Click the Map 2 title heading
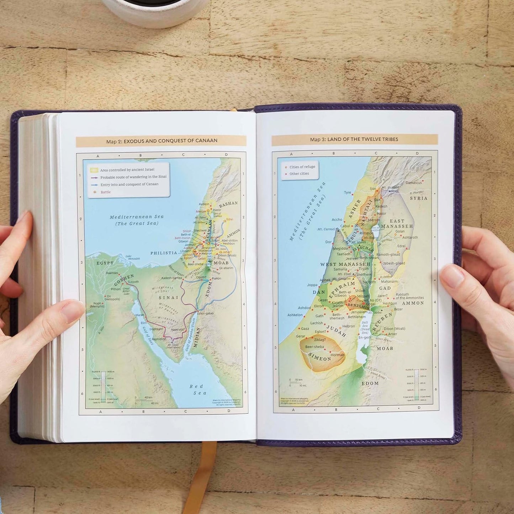point(161,141)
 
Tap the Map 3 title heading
point(354,139)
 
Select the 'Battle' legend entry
point(105,192)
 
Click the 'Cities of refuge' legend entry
point(302,167)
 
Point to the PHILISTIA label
point(164,253)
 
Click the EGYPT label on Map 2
point(105,263)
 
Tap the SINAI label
point(168,297)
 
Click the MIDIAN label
point(196,337)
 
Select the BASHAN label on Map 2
point(228,204)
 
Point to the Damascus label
point(414,183)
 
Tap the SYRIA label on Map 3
point(419,198)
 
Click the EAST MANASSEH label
point(397,223)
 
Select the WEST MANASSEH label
point(345,264)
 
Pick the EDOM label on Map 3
point(370,383)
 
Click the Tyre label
point(347,192)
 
